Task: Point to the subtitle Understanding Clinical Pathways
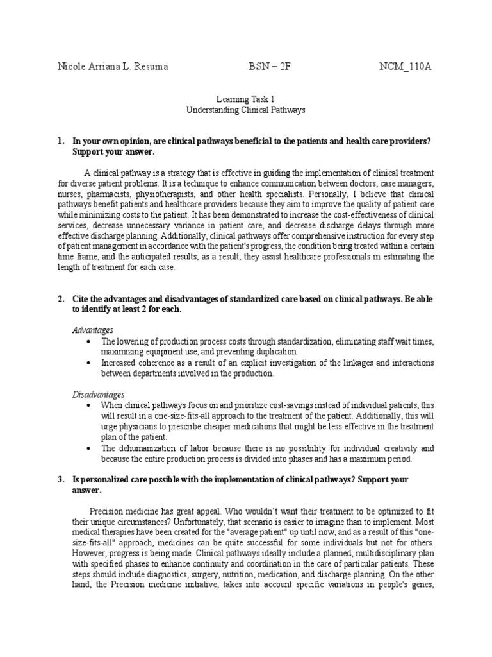[245, 110]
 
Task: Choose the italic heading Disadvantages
[98, 394]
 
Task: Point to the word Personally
[332, 193]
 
